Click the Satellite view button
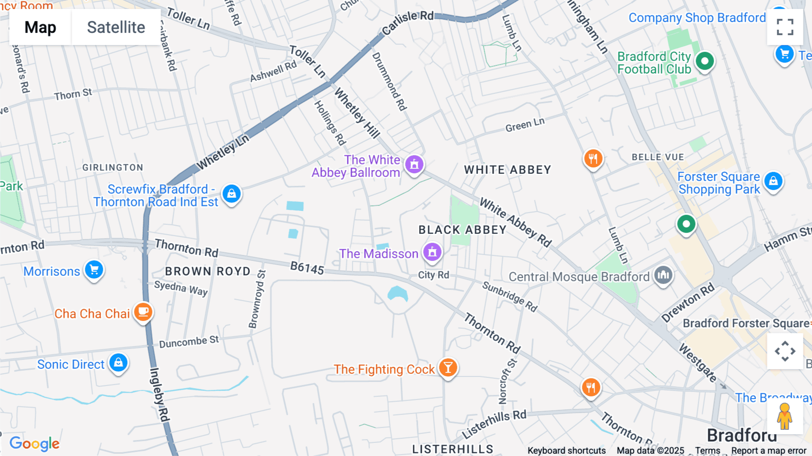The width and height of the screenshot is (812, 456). click(x=116, y=28)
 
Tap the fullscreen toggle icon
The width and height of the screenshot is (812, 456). click(x=785, y=27)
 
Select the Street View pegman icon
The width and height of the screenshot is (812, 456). click(x=784, y=416)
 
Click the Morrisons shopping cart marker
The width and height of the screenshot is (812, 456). click(x=94, y=270)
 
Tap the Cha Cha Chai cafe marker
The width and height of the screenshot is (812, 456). click(x=143, y=312)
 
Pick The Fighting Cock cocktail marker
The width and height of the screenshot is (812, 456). click(x=448, y=368)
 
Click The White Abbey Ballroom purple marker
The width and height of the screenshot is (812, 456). click(x=414, y=164)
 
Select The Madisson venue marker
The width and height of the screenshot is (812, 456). click(x=432, y=252)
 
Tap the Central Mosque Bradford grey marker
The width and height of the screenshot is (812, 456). click(x=663, y=275)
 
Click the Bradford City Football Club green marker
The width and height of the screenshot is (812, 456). click(x=705, y=61)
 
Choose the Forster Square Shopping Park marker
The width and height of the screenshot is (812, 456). click(x=773, y=181)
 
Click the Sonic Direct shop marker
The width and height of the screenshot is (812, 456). click(x=118, y=363)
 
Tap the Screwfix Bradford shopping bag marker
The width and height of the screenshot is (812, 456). click(x=231, y=194)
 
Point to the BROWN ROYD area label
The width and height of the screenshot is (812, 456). click(x=208, y=271)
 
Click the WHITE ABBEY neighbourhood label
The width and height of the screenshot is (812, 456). click(x=507, y=170)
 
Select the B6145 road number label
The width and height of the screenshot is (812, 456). click(x=307, y=268)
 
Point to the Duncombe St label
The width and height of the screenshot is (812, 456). click(x=189, y=342)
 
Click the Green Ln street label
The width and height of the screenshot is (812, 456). click(x=525, y=125)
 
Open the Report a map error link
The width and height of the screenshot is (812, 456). click(x=769, y=451)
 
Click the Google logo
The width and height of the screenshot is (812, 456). click(x=34, y=443)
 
